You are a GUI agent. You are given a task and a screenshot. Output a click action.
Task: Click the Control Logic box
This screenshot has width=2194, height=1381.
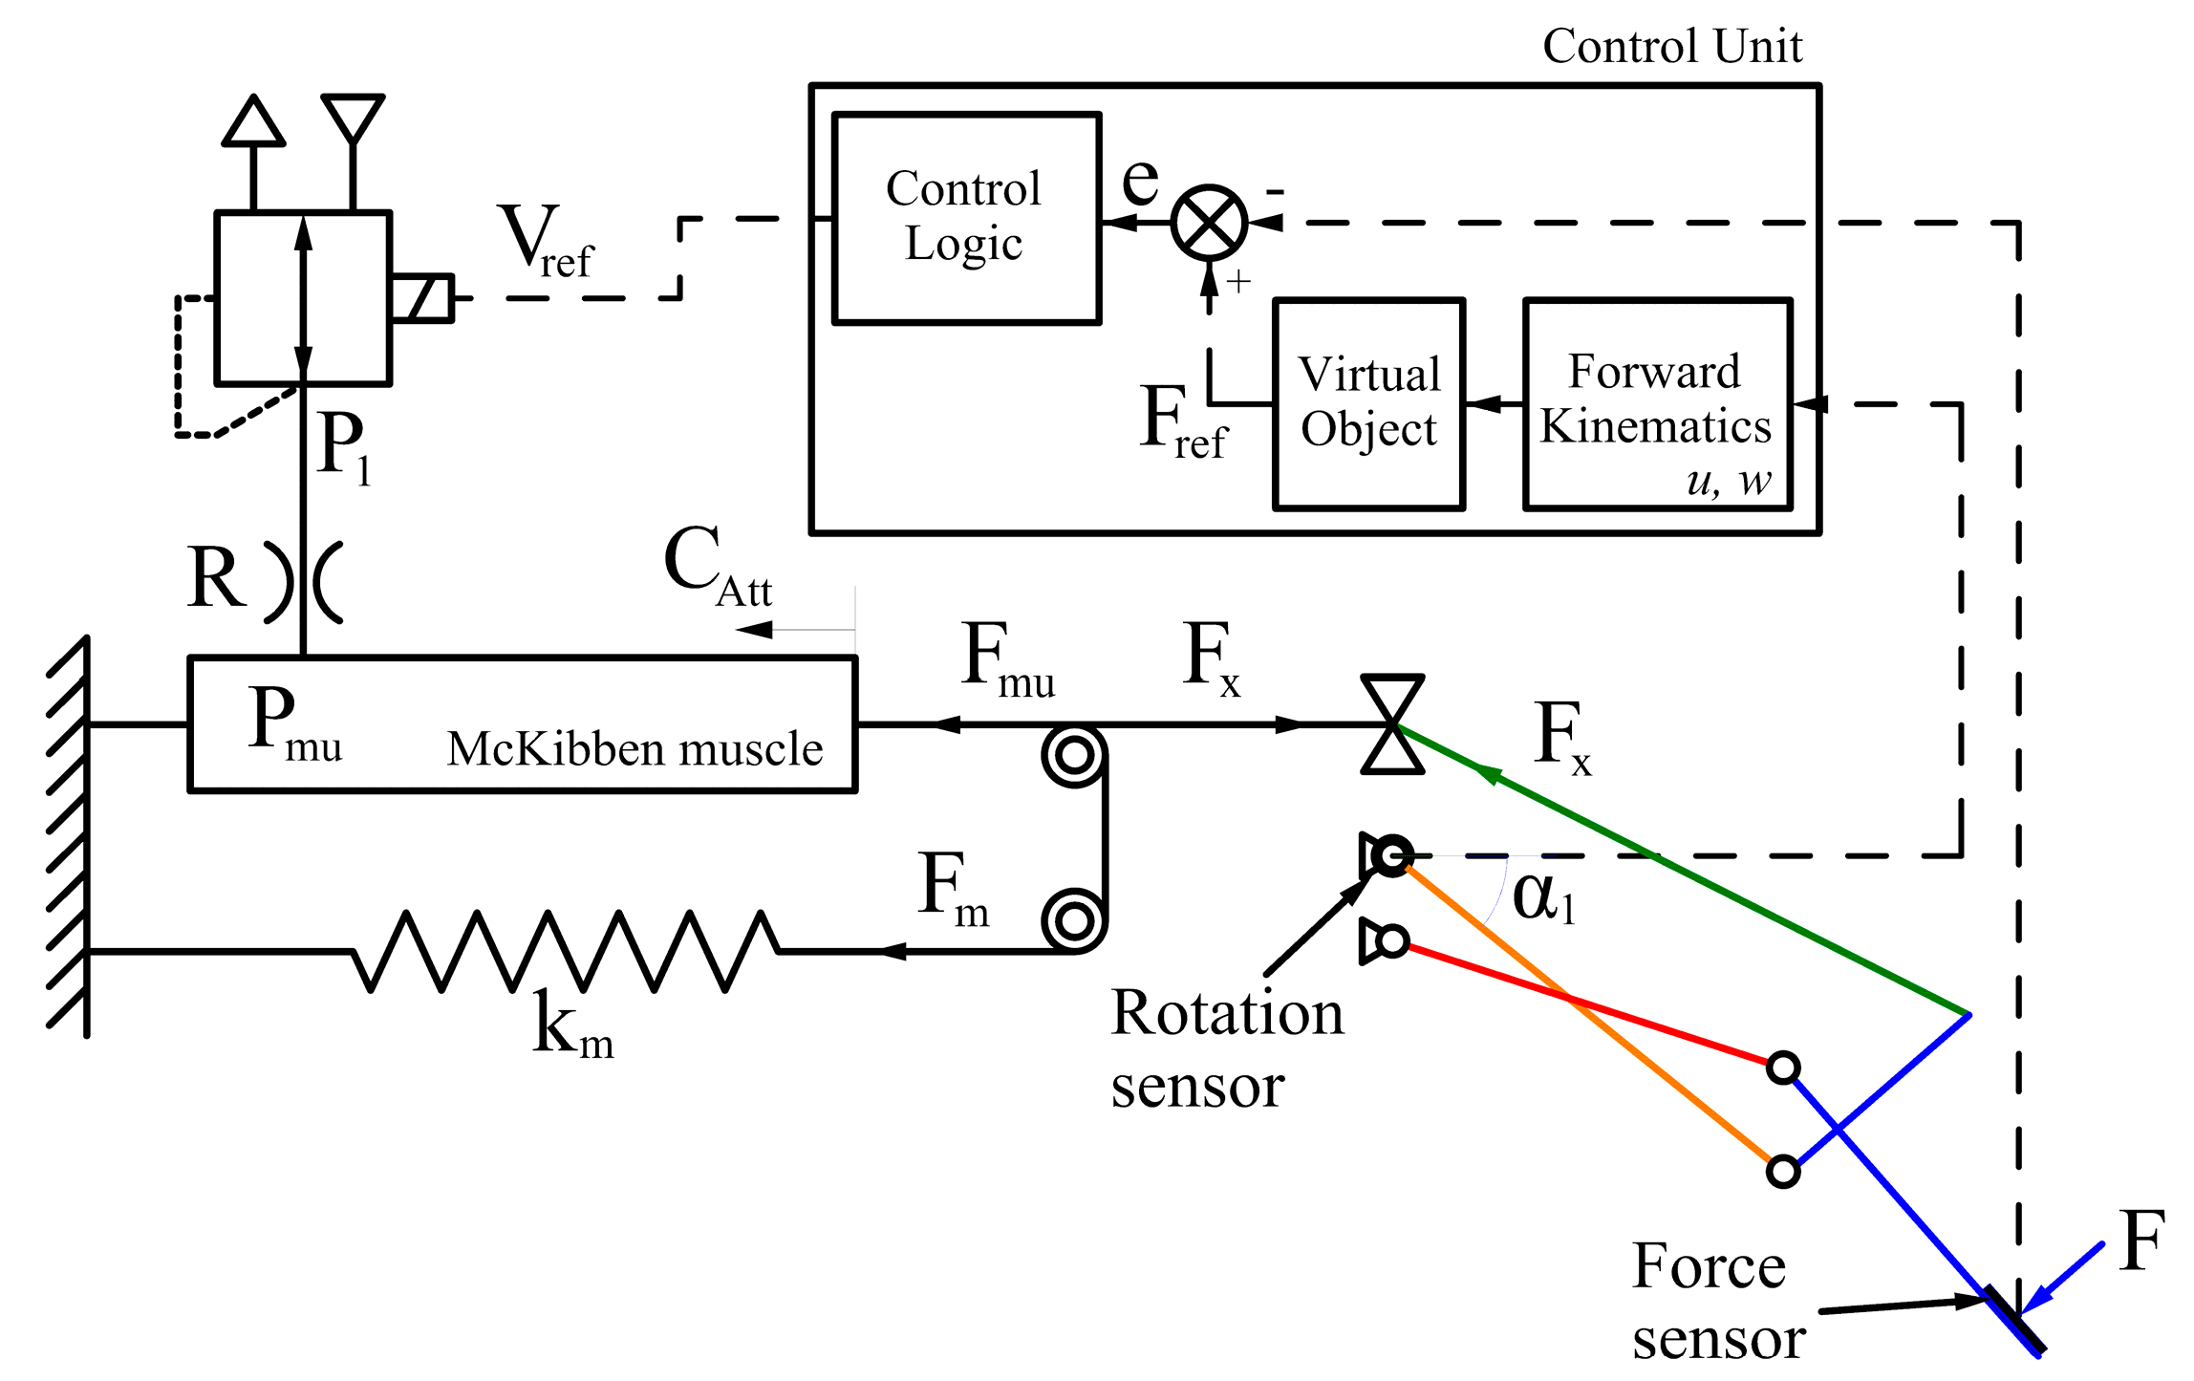[966, 218]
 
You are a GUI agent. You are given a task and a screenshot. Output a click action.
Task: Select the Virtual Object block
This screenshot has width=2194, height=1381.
[1368, 403]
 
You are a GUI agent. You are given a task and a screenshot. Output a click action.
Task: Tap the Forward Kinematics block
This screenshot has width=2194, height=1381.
[1656, 403]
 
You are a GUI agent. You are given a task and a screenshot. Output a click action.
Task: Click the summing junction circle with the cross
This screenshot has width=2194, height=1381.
[1209, 223]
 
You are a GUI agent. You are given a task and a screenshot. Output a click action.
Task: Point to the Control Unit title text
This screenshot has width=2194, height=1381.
[1671, 46]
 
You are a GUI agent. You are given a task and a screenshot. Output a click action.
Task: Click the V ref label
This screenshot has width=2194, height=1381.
[545, 241]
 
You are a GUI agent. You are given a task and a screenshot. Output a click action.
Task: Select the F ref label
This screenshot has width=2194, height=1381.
[1182, 421]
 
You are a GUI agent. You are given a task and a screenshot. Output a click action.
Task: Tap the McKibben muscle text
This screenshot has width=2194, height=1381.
[635, 748]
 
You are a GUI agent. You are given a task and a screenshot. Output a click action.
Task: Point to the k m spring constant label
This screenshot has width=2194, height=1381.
[571, 1025]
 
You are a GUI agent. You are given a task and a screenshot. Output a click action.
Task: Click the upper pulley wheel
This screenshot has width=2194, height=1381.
[1074, 755]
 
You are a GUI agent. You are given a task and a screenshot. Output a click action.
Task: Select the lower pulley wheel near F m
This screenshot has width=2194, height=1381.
[1074, 921]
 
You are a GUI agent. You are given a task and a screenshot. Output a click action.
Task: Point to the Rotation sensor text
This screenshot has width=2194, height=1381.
[1226, 1049]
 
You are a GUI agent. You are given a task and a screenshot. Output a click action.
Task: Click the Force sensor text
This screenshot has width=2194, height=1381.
[1717, 1302]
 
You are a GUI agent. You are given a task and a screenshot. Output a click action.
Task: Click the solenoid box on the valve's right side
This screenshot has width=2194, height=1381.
[421, 297]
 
